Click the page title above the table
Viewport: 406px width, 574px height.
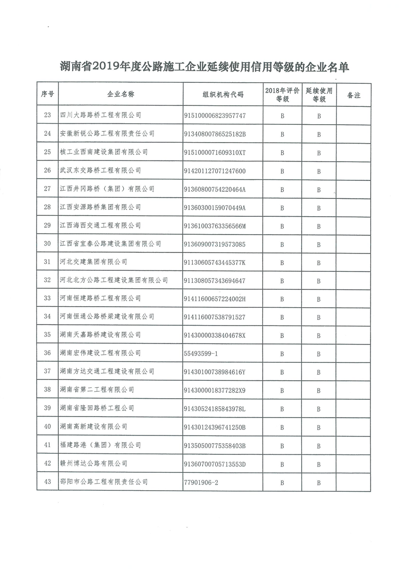204,66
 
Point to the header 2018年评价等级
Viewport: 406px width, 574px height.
282,95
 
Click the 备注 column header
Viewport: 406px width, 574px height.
353,95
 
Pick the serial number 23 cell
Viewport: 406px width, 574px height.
48,116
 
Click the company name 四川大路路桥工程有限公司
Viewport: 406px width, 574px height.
100,116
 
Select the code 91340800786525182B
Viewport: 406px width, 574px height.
215,134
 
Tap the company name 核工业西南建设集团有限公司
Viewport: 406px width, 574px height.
104,152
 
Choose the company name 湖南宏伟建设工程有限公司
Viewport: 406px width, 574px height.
100,353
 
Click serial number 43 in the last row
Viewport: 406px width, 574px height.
48,482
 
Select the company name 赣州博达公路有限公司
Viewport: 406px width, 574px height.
94,464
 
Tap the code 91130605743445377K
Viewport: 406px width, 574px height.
215,262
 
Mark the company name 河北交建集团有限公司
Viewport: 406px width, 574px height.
94,262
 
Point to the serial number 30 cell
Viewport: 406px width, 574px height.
48,244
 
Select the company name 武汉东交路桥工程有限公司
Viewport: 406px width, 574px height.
100,171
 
